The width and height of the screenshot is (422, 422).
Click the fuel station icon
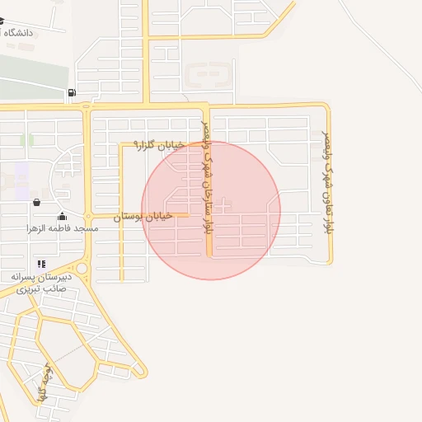pyautogui.click(x=73, y=92)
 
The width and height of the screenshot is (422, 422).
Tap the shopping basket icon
pyautogui.click(x=36, y=202)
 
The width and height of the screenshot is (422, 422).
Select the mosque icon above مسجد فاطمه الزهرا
pyautogui.click(x=62, y=217)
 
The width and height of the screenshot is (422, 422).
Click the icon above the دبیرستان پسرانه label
pyautogui.click(x=41, y=264)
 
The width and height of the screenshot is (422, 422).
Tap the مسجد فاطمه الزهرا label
pyautogui.click(x=62, y=227)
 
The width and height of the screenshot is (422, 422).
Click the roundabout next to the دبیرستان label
pyautogui.click(x=80, y=268)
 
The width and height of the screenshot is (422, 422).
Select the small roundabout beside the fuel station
pyautogui.click(x=87, y=105)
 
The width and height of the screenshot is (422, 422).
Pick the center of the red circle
pyautogui.click(x=211, y=210)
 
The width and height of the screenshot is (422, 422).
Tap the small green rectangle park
pyautogui.click(x=32, y=140)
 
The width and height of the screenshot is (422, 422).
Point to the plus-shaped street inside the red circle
pyautogui.click(x=224, y=203)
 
